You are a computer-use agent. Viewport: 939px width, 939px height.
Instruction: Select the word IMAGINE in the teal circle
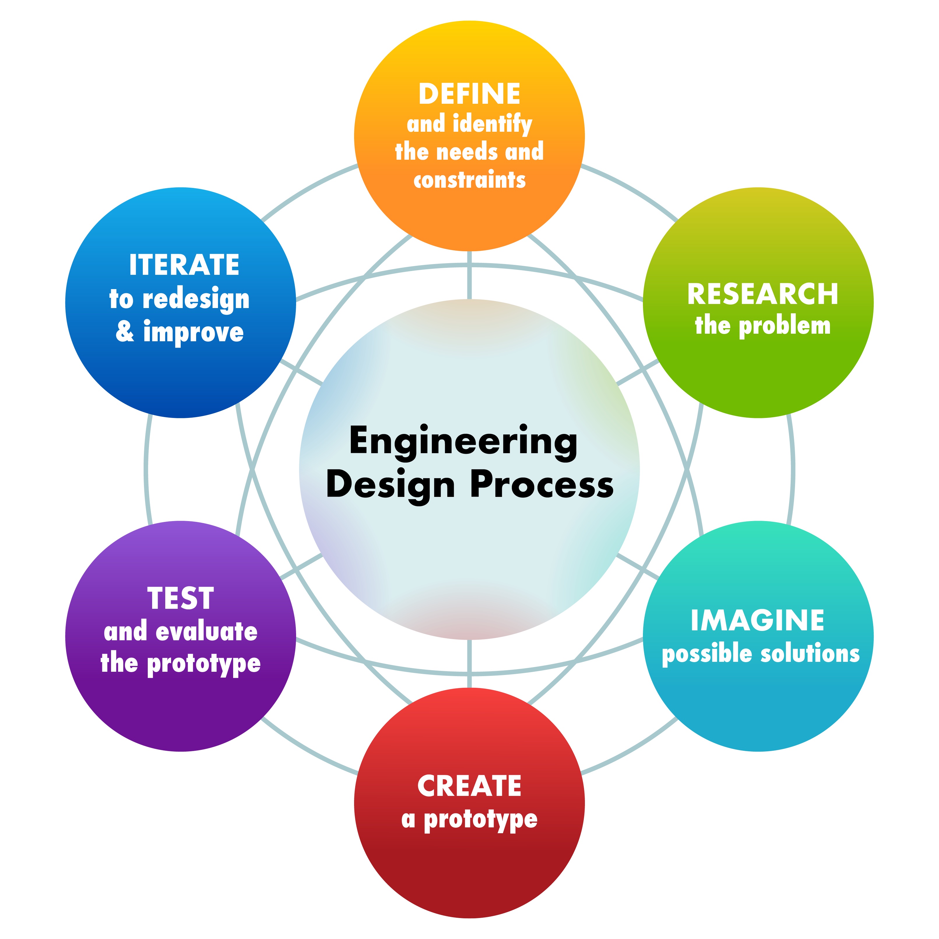tap(757, 621)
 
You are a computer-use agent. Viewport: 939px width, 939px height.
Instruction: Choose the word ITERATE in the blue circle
tap(184, 265)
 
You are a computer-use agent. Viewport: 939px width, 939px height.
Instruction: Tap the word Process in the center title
tap(542, 485)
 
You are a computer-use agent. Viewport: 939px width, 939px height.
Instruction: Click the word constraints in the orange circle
tap(469, 180)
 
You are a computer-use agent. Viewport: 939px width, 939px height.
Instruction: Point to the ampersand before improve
tap(125, 331)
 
